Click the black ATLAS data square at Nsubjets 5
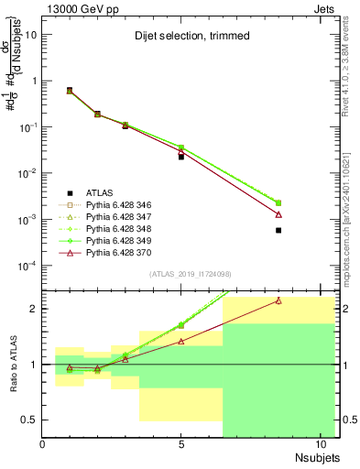[181, 157]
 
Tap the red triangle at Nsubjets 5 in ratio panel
[181, 341]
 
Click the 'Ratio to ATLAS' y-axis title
[11, 364]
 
